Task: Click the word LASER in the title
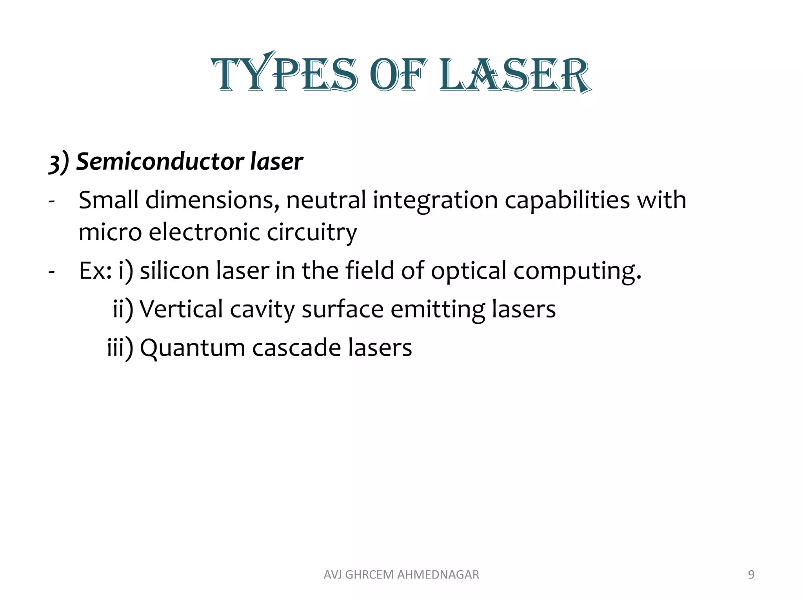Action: pyautogui.click(x=515, y=74)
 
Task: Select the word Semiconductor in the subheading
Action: pyautogui.click(x=160, y=161)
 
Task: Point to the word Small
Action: pyautogui.click(x=109, y=200)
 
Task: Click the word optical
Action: pyautogui.click(x=469, y=271)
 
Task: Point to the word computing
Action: pyautogui.click(x=577, y=271)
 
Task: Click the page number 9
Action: pyautogui.click(x=751, y=575)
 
